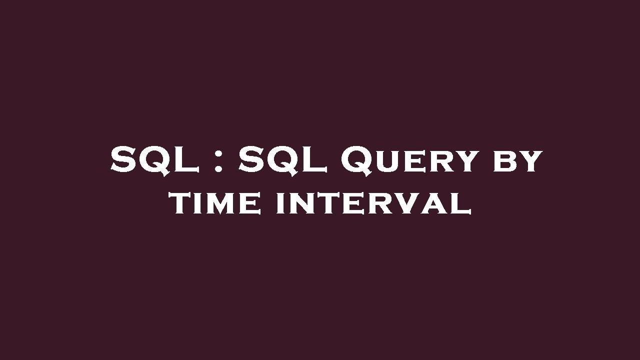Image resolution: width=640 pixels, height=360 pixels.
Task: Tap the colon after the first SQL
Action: tap(217, 160)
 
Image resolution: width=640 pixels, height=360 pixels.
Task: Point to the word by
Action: tap(517, 161)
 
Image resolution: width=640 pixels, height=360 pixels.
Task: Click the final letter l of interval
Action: tap(462, 204)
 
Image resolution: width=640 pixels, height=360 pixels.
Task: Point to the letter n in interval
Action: tap(298, 204)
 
